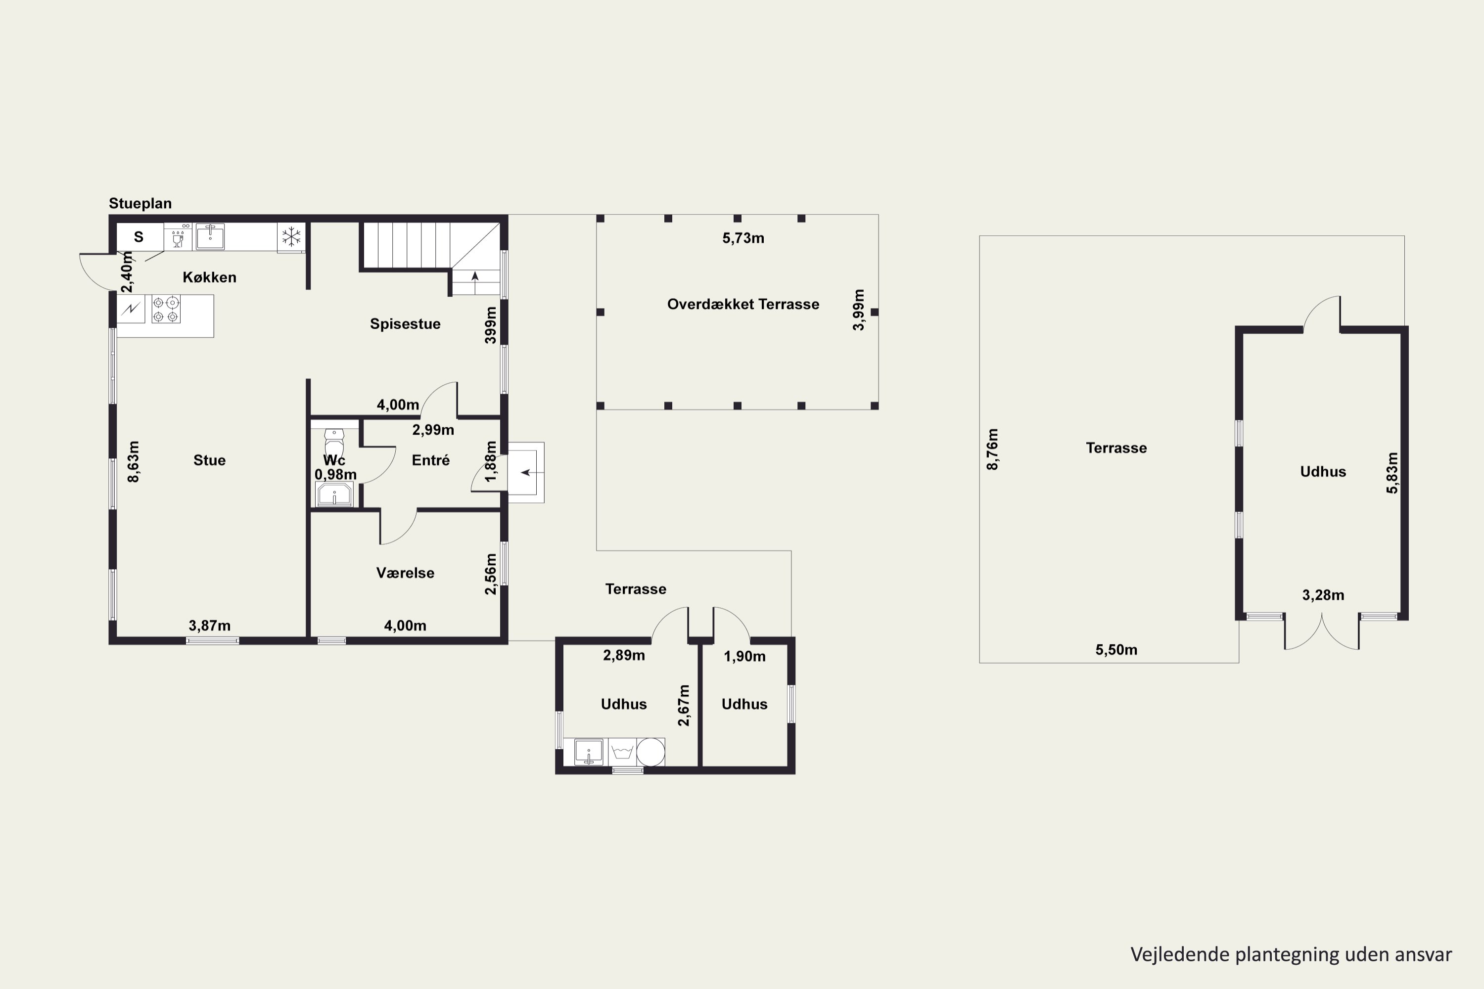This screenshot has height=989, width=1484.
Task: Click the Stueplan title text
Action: click(x=140, y=203)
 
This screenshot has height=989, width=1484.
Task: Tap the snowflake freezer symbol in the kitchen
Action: click(x=291, y=237)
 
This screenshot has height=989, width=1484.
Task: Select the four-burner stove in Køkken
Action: click(x=166, y=309)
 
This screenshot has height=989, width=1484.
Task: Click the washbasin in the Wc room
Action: click(x=334, y=494)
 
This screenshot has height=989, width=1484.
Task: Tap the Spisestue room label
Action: click(x=405, y=323)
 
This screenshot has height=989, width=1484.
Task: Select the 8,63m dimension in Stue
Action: click(x=133, y=462)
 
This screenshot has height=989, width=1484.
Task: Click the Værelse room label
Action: click(x=405, y=573)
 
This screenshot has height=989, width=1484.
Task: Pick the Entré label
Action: click(x=431, y=460)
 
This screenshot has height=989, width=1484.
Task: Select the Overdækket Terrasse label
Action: click(x=743, y=304)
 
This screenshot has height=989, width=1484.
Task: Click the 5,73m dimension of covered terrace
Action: click(x=743, y=238)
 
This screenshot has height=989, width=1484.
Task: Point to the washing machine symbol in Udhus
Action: click(x=622, y=752)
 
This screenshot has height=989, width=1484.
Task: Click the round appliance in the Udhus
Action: click(x=650, y=752)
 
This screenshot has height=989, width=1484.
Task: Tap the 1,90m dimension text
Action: click(x=744, y=656)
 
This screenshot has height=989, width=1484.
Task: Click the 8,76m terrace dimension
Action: click(x=992, y=449)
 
